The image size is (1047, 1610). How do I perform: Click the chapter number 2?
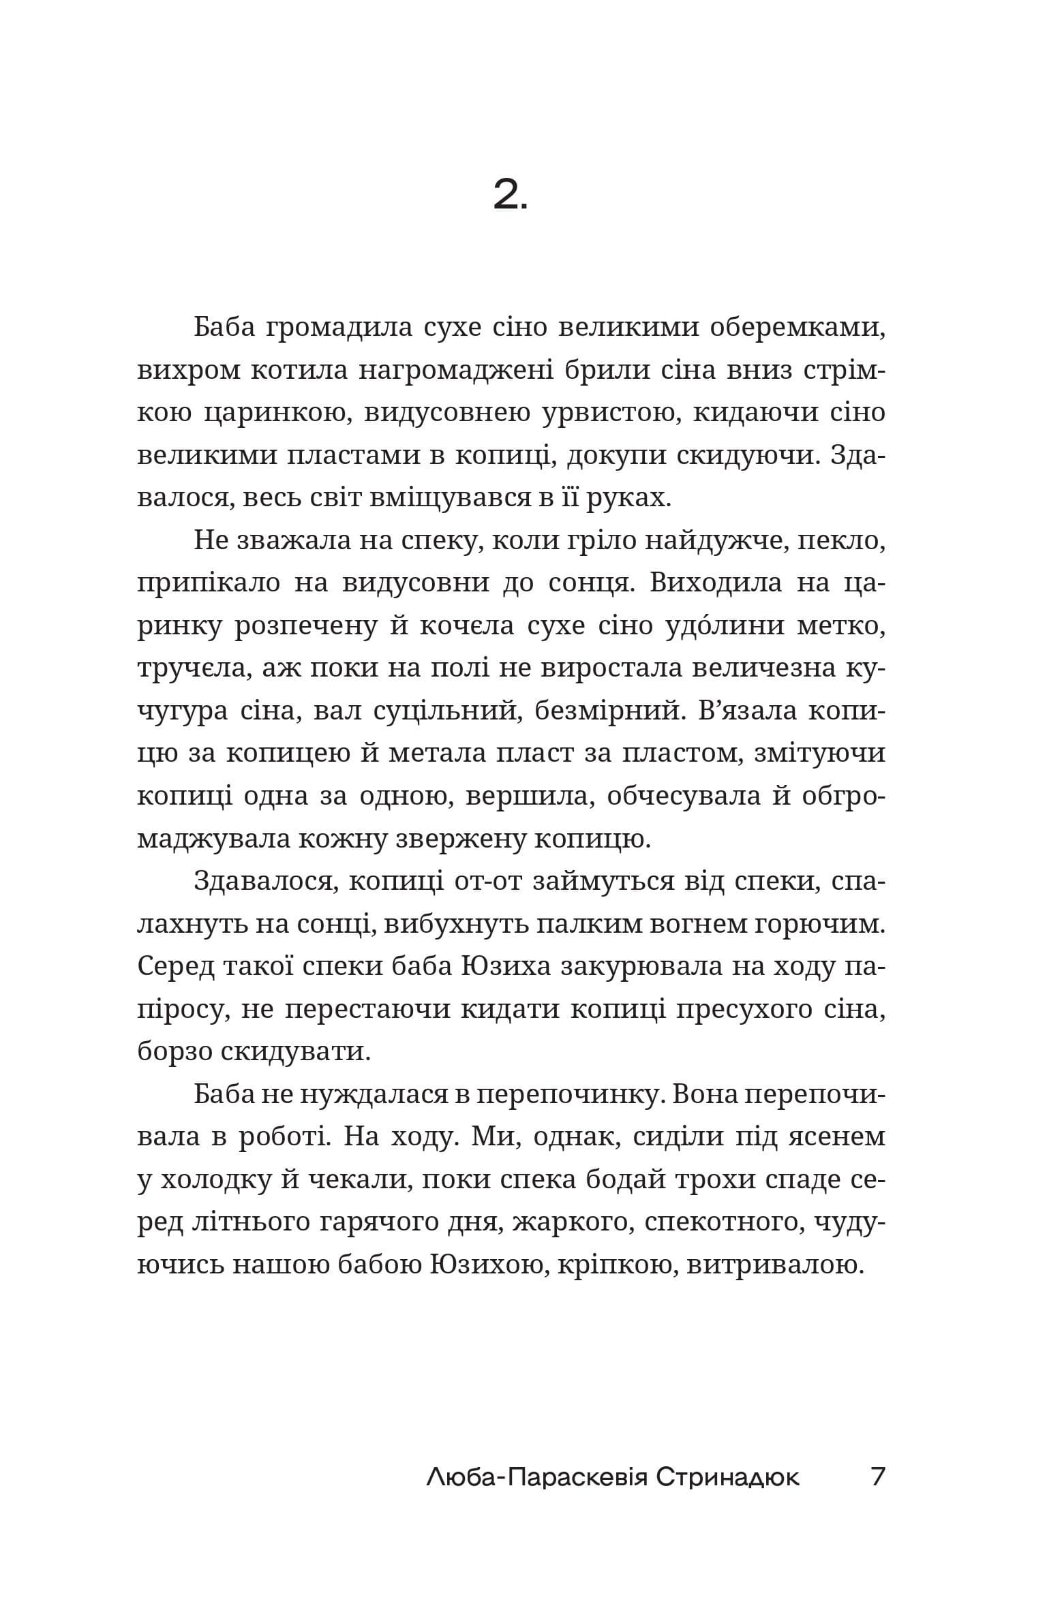point(509,197)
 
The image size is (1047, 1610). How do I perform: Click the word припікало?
point(209,585)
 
